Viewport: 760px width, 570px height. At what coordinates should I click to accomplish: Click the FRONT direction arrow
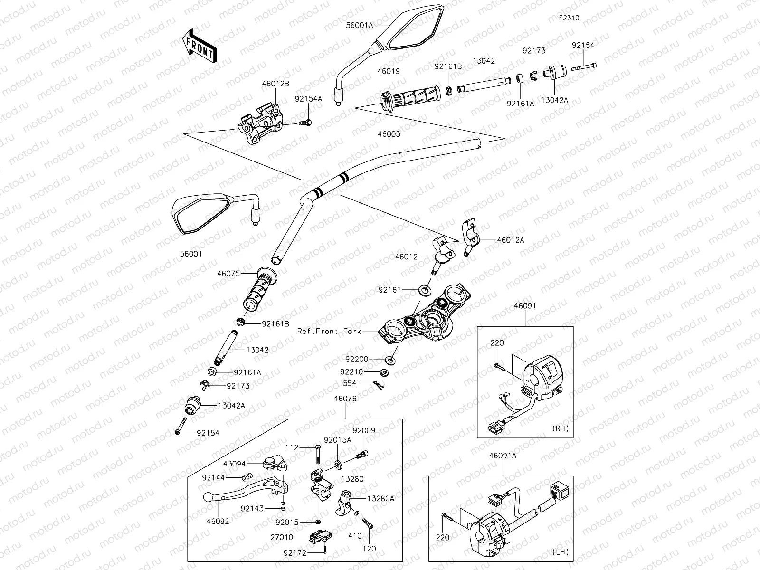point(199,46)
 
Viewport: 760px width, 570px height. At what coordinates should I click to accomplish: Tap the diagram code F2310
point(569,18)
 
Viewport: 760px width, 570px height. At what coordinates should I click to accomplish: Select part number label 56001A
point(360,25)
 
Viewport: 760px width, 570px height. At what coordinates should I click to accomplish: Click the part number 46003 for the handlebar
point(389,134)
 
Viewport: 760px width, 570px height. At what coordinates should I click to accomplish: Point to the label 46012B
point(275,84)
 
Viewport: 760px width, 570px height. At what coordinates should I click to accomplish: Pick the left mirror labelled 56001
point(215,212)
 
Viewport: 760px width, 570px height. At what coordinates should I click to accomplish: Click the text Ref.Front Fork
point(329,331)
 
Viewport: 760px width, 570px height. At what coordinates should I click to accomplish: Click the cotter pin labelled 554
point(379,385)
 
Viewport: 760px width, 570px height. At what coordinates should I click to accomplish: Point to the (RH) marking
point(560,428)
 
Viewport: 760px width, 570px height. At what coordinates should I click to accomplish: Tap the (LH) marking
point(560,551)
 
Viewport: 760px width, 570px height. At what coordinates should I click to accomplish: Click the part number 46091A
point(503,456)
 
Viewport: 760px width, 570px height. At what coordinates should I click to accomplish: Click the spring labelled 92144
point(247,477)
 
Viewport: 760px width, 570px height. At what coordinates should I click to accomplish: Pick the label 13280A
point(381,499)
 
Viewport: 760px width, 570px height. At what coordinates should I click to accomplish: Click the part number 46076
point(345,399)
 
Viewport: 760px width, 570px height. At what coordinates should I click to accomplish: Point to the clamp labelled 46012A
point(470,237)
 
